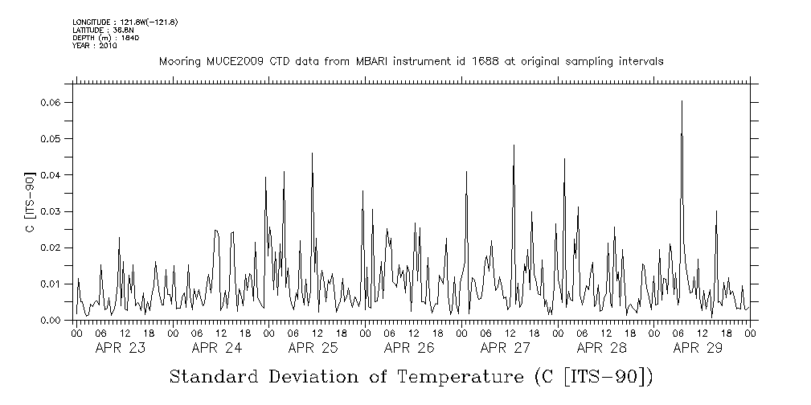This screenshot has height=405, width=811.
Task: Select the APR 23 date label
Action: pyautogui.click(x=121, y=348)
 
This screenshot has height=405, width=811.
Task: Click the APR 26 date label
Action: pyautogui.click(x=409, y=348)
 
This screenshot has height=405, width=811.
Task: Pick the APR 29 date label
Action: pyautogui.click(x=698, y=348)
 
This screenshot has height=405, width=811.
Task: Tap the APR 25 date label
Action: pyautogui.click(x=313, y=348)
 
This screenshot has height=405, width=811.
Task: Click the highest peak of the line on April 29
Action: pyautogui.click(x=682, y=101)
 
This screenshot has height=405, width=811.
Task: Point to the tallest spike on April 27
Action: pyautogui.click(x=514, y=145)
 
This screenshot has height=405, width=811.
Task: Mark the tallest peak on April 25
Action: pyautogui.click(x=312, y=153)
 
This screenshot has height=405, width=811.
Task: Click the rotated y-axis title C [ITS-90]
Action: pyautogui.click(x=30, y=202)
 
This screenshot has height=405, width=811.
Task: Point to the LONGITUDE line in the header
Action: pyautogui.click(x=125, y=22)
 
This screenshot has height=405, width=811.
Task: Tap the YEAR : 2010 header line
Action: pyautogui.click(x=95, y=46)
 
